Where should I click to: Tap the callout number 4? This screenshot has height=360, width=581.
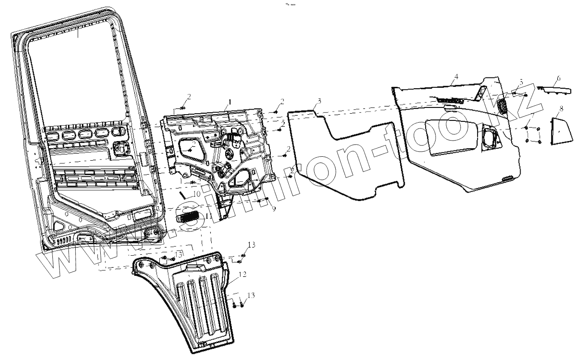(x=455, y=77)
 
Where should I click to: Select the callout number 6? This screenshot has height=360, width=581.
(x=558, y=78)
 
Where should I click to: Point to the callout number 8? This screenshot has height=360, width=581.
(x=561, y=108)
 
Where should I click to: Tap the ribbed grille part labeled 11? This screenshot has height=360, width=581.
(x=188, y=218)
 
